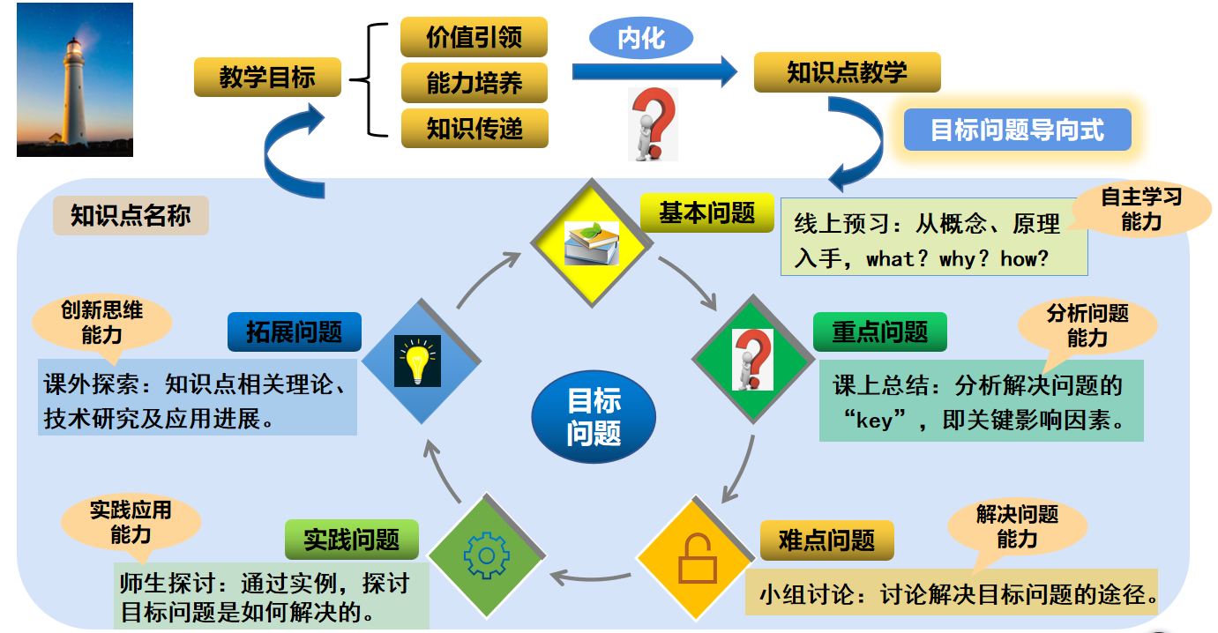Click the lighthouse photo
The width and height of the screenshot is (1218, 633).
75,79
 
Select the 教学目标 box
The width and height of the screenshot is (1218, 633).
267,78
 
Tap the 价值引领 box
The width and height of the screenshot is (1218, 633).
474,37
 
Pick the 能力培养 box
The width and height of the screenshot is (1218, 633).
474,83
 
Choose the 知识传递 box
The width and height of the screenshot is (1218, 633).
474,129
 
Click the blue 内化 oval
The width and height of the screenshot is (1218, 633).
641,39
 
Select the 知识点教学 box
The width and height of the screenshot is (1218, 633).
847,72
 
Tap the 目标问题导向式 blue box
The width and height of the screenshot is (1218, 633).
1017,130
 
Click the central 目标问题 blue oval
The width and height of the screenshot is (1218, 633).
594,417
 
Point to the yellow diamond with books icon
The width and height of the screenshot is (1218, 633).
591,242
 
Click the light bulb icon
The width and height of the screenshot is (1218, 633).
417,361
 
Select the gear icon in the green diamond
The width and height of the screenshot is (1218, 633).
486,555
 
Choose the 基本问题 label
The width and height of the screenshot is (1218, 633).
706,212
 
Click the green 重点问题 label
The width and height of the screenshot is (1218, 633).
879,332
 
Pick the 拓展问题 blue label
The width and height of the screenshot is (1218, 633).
294,331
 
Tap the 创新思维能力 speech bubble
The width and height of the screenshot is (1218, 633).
101,323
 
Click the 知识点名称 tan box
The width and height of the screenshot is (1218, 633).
131,215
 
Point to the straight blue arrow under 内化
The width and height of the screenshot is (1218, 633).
654,71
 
